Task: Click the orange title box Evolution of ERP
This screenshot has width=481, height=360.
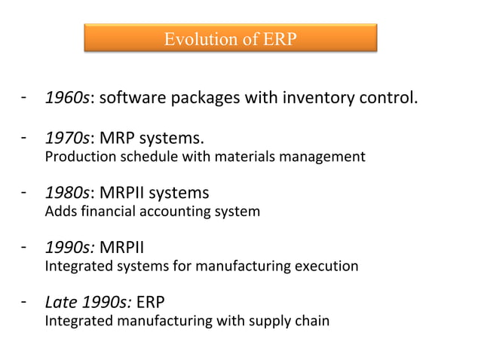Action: pos(229,38)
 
